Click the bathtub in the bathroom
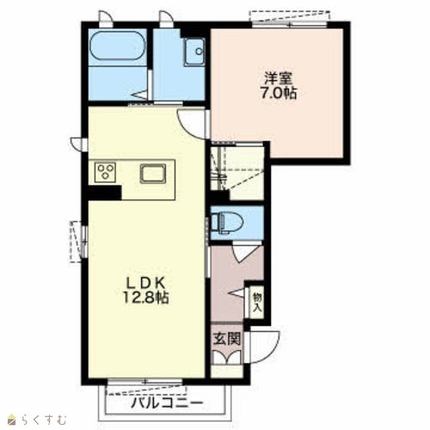118,46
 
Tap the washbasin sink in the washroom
194,52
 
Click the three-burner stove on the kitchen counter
105,172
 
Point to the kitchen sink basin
153,174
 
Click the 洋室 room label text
278,78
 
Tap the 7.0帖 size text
279,93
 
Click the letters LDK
146,284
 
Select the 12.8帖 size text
146,298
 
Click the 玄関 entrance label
227,340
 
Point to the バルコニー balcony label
167,403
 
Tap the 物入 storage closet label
257,302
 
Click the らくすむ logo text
44,420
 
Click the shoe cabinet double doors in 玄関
227,358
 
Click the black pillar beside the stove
105,193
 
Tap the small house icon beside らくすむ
12,420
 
